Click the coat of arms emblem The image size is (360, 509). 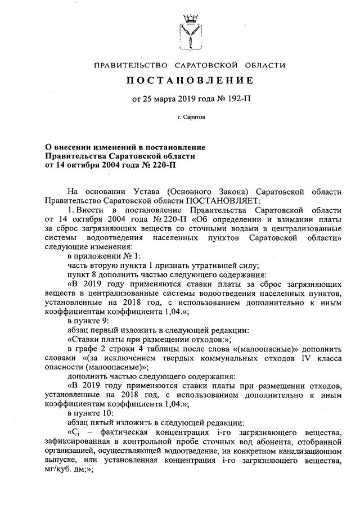pyautogui.click(x=190, y=31)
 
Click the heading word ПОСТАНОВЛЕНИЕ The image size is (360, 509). pyautogui.click(x=190, y=81)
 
